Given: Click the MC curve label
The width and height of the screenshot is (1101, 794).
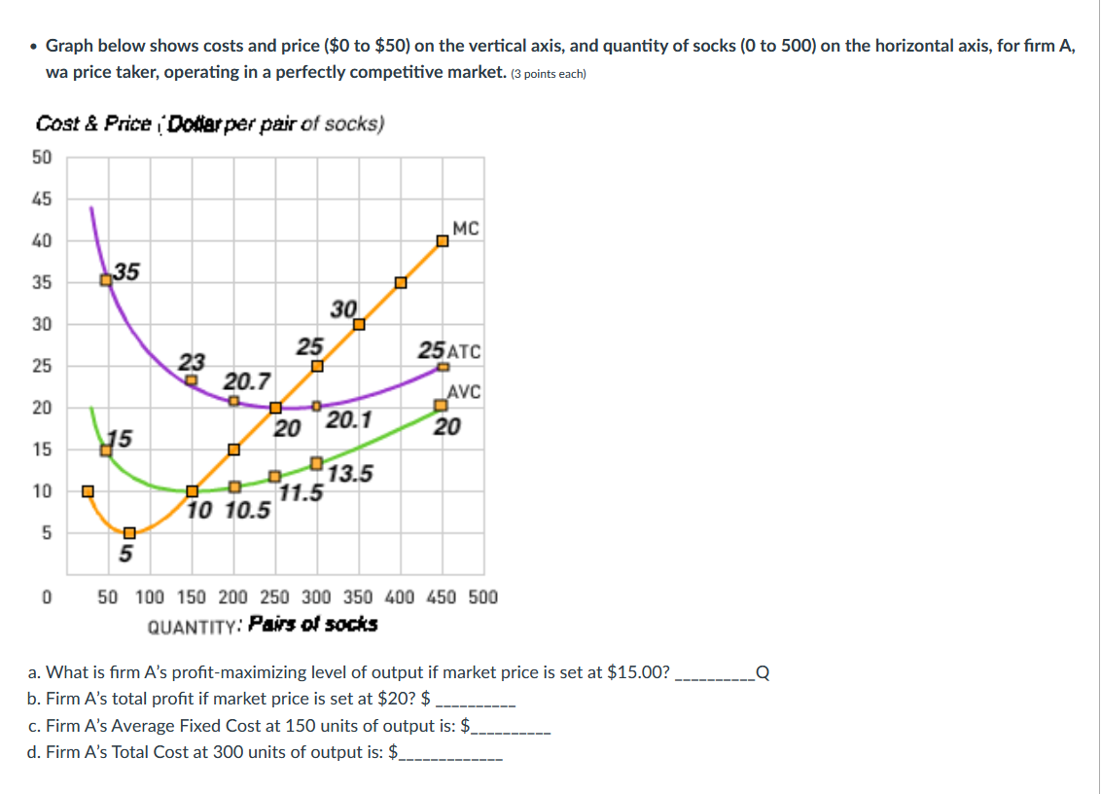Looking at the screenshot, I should [x=466, y=229].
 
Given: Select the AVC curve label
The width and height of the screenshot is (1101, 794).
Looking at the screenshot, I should [x=464, y=392].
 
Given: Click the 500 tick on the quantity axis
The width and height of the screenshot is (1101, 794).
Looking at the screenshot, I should [x=483, y=596].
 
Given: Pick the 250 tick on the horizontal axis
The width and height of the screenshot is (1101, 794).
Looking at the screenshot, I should [x=274, y=596].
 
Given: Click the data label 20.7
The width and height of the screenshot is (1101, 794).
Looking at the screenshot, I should [x=248, y=379].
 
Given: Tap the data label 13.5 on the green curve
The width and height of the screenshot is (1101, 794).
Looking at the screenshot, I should [x=350, y=475].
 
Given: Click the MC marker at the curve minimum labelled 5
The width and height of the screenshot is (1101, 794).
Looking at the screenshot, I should [x=129, y=532].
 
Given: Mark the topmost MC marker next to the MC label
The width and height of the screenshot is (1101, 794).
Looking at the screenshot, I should [x=443, y=240].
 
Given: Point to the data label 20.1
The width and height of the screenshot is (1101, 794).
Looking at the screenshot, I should [x=348, y=420].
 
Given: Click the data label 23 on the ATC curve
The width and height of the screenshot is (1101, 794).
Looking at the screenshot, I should [x=193, y=362].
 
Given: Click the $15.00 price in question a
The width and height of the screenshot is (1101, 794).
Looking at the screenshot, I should [x=638, y=672].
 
